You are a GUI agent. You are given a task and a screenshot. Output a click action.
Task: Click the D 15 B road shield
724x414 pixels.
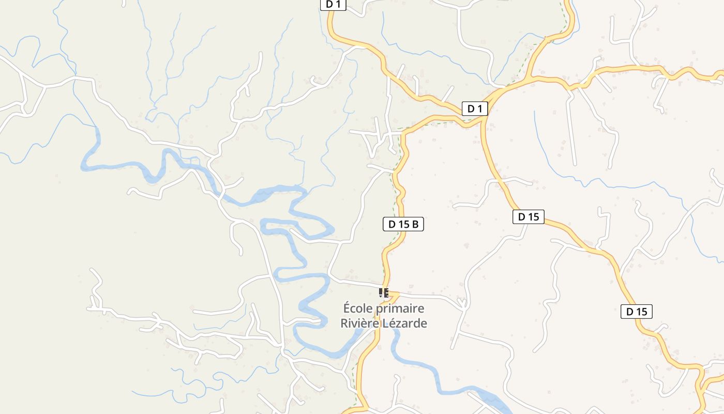tap(403, 224)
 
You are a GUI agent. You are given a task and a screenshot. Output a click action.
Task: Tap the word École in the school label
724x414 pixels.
tap(357, 308)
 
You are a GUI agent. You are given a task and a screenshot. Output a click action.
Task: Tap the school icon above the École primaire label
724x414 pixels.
tap(383, 293)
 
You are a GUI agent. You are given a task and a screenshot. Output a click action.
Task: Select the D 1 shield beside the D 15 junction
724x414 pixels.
tap(475, 109)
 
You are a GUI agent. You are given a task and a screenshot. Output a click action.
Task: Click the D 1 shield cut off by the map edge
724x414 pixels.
tap(333, 4)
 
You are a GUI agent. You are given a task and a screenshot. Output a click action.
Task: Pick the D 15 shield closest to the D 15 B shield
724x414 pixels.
tap(529, 217)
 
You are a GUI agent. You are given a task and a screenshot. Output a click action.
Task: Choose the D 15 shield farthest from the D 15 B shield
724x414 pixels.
tap(637, 312)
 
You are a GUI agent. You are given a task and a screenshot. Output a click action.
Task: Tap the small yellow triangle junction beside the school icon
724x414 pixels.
tap(394, 296)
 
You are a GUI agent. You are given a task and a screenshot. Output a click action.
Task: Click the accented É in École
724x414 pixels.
tap(348, 308)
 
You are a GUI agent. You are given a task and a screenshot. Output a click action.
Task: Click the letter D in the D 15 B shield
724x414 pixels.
tap(392, 224)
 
